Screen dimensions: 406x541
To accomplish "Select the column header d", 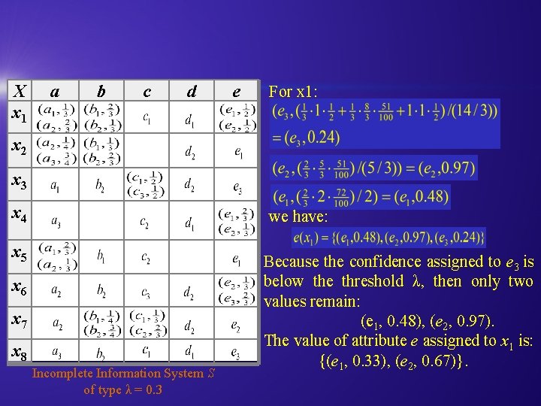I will [x=192, y=91].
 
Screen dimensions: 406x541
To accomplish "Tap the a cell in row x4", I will [x=56, y=221].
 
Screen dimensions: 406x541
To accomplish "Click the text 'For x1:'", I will [x=293, y=92].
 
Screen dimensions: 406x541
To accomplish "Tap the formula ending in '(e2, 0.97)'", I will [x=374, y=168].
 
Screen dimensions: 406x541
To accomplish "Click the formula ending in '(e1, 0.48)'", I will [x=360, y=197].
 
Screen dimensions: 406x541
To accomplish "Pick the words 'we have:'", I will [x=296, y=217].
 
